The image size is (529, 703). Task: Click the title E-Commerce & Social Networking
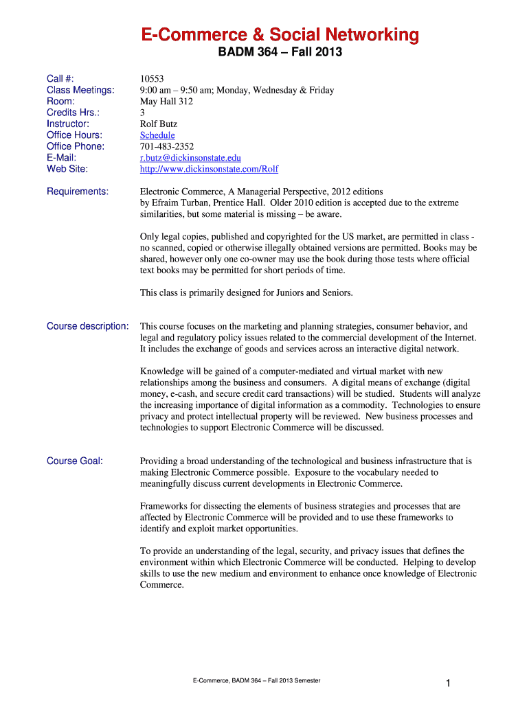(280, 34)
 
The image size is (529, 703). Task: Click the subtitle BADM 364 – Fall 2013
(280, 53)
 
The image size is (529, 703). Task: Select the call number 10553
(152, 79)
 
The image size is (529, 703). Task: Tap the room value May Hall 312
(166, 102)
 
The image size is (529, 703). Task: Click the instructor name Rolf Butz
(158, 124)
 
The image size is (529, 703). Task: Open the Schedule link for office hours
(157, 135)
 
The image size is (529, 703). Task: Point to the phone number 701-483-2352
(167, 146)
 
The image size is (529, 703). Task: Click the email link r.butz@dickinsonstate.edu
(190, 158)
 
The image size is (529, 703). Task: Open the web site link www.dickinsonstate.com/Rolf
(209, 169)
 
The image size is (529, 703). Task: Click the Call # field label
(60, 79)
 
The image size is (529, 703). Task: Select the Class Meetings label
(80, 90)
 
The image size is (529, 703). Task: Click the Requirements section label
(77, 192)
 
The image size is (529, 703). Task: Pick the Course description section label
(87, 326)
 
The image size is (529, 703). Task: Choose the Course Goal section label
(75, 461)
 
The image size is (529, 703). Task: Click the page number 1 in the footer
(447, 682)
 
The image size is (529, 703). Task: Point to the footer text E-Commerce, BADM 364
(256, 680)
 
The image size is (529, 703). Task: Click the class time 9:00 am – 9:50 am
(179, 90)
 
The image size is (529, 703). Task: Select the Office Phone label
(76, 146)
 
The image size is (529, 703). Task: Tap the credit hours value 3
(143, 113)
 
